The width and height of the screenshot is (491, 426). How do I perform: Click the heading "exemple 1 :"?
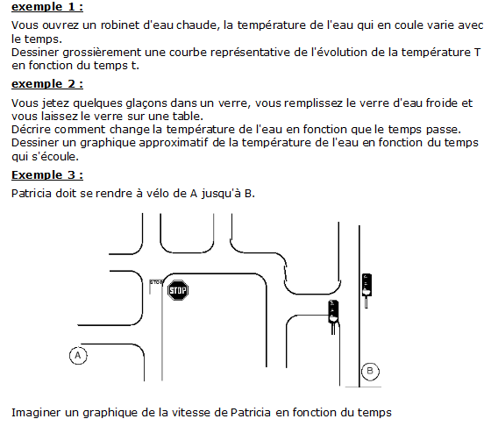tap(47, 7)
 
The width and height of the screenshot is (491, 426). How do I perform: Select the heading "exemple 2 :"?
tap(47, 84)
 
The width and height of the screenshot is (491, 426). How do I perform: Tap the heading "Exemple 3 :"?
tap(47, 174)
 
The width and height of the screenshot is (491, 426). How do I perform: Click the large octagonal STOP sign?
tap(178, 290)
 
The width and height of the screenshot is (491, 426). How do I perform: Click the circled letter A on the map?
tap(78, 356)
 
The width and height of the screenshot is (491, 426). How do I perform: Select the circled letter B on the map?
tap(370, 372)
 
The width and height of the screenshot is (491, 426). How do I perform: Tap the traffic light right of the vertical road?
tap(366, 290)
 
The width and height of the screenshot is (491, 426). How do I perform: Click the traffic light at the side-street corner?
tap(333, 316)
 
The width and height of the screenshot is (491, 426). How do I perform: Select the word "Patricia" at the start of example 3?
tap(32, 194)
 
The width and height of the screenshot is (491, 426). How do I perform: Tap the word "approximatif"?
tap(174, 143)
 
